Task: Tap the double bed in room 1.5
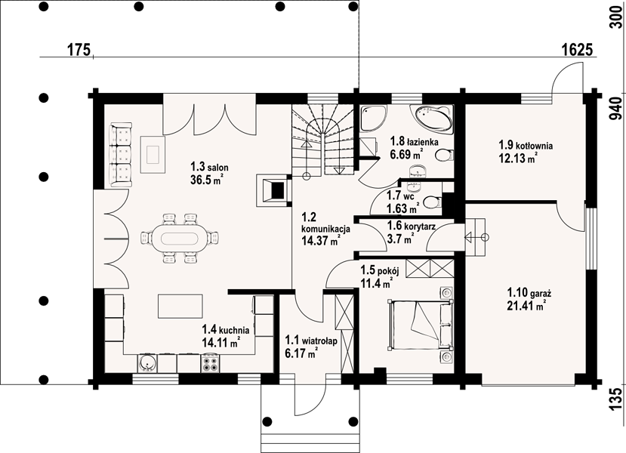point(421,325)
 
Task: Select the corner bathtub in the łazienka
point(434,118)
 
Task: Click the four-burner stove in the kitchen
point(210,363)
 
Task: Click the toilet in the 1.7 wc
point(432,202)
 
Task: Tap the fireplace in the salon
point(274,190)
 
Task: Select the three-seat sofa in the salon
point(120,155)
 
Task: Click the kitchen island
point(180,306)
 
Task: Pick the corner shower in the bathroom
point(373,118)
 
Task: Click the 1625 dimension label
point(577,50)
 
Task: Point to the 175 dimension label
point(79,50)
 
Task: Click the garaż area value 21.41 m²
point(526,306)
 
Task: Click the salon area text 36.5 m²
point(206,180)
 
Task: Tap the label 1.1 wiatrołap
point(311,341)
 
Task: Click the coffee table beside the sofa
point(153,154)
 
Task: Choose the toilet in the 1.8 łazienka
point(444,155)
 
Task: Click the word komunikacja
point(325,229)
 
